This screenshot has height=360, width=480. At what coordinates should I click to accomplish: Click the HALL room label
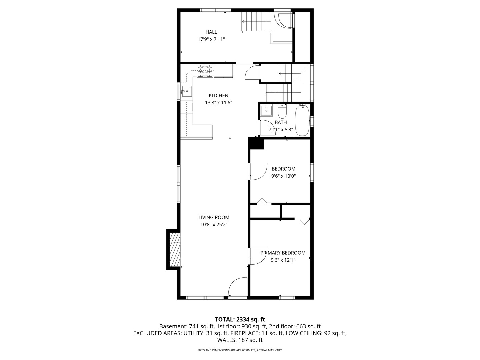point(211,32)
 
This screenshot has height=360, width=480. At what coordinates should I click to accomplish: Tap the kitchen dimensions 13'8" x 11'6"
point(218,103)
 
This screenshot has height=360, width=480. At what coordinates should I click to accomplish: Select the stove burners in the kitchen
point(205,71)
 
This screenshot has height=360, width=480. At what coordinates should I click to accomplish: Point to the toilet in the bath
point(282,111)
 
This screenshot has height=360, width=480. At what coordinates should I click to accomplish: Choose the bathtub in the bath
point(302,120)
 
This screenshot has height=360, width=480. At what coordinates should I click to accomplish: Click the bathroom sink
point(266,111)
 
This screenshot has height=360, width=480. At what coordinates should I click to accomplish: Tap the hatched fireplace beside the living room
point(175,250)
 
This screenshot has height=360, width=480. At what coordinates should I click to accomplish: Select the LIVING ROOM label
point(214,217)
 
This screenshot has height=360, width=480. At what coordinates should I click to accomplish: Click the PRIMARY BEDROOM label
point(283,253)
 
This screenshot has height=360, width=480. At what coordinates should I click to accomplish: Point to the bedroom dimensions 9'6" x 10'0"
point(283,176)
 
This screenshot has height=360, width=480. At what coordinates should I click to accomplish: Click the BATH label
point(281,122)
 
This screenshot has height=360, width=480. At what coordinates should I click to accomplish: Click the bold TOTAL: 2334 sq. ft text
point(240,320)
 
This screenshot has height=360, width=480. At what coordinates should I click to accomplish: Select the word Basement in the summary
point(173,327)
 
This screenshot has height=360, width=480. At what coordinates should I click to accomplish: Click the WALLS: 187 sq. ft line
point(240,340)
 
